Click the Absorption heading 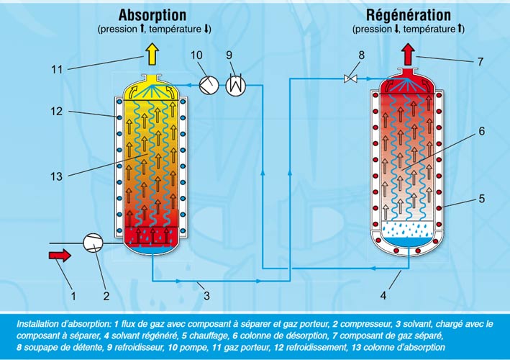[x=152, y=15]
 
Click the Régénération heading [x=408, y=15]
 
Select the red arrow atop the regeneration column [x=408, y=53]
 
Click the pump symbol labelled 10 [x=208, y=85]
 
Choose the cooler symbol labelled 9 [x=235, y=85]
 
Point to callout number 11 [x=58, y=70]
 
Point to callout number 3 [x=206, y=295]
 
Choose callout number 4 [x=383, y=295]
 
